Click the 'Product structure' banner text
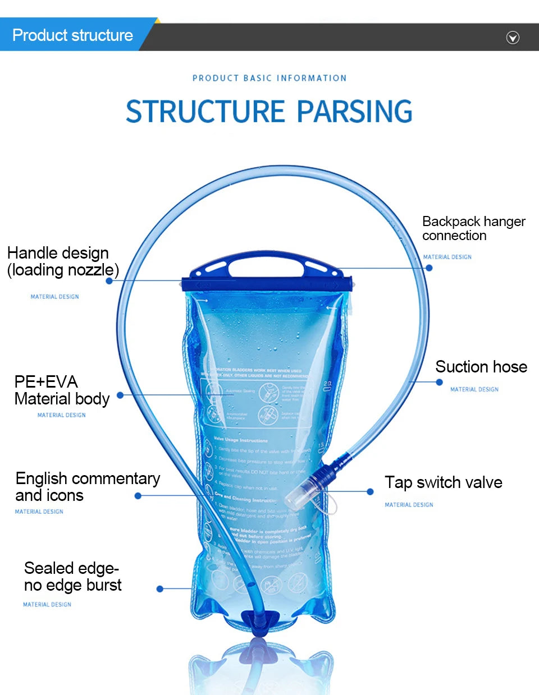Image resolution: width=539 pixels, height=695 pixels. tap(72, 35)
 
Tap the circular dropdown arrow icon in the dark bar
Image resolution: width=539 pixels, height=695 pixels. tap(513, 38)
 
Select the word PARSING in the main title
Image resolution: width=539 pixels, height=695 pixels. tap(354, 111)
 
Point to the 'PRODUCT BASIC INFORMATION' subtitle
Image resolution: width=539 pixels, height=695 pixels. tap(269, 78)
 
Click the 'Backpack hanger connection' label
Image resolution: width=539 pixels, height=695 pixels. tap(473, 228)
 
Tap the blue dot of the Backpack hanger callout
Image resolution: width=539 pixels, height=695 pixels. tap(429, 268)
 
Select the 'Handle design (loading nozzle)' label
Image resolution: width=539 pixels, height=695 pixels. tap(63, 261)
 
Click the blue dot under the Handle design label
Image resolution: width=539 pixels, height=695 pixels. tap(109, 280)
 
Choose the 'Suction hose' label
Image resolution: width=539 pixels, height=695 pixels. tap(481, 367)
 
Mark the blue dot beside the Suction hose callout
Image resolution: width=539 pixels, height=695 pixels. tap(439, 382)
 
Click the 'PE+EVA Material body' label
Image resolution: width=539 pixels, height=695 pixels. tap(61, 390)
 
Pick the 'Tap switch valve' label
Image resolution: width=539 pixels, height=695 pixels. tap(443, 482)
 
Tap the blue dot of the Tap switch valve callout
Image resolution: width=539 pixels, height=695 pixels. tap(370, 491)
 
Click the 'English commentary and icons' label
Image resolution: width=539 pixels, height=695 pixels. tap(88, 486)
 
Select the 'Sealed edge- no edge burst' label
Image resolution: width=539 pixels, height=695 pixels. tap(72, 577)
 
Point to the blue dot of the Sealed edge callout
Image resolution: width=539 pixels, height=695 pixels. tap(160, 588)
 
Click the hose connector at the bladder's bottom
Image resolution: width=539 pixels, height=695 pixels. tap(259, 622)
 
